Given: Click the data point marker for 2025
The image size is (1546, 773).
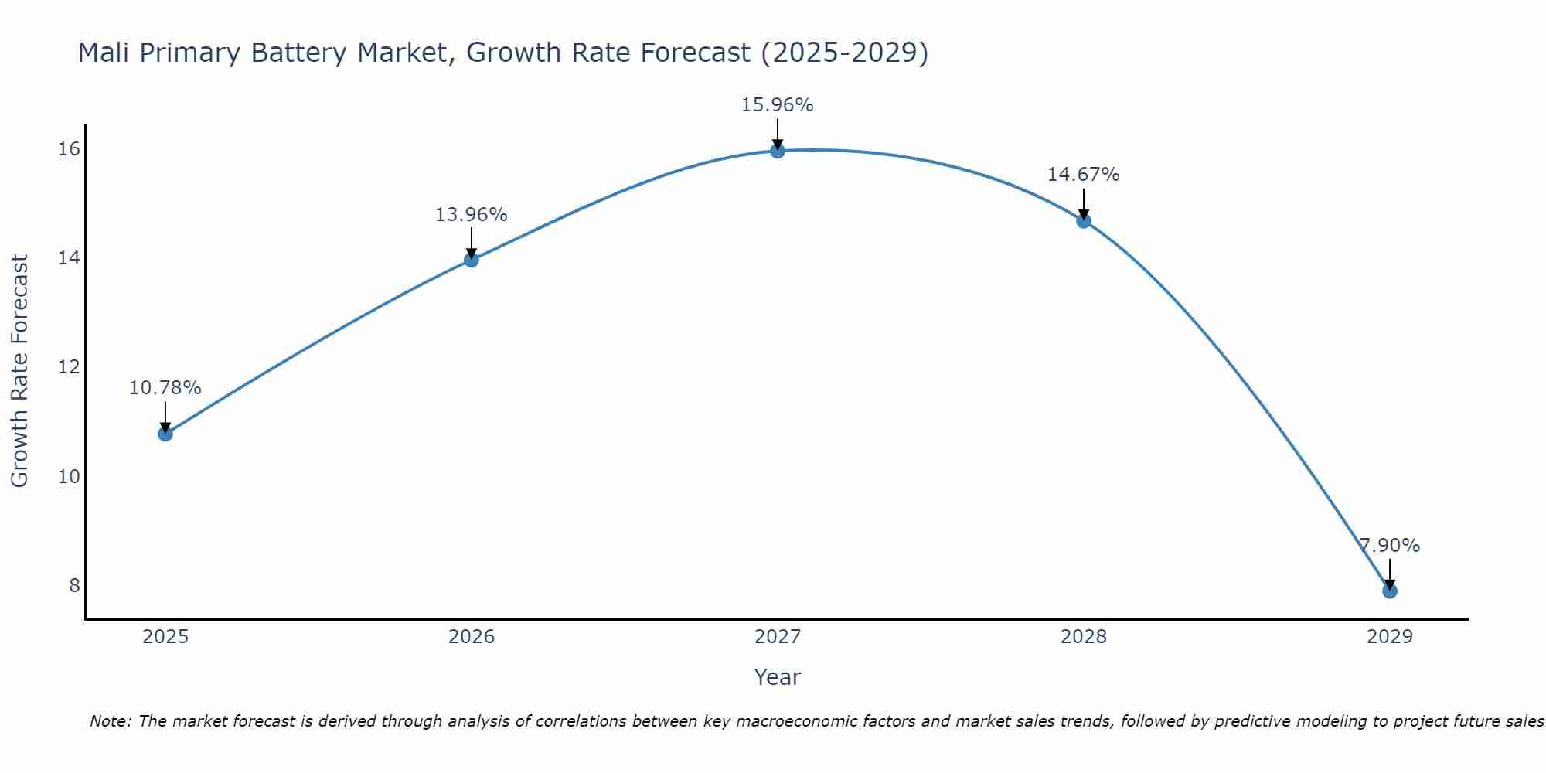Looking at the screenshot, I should click(165, 434).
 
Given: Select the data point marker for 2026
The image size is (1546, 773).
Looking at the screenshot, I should click(472, 260).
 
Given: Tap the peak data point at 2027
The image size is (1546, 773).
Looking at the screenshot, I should click(778, 151).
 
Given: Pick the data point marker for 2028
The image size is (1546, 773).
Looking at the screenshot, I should click(1084, 221).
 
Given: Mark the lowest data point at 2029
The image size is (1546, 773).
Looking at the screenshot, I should click(1389, 591).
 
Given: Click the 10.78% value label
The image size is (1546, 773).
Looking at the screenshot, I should click(165, 388).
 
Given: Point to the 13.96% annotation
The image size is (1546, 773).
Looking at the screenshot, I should click(472, 215).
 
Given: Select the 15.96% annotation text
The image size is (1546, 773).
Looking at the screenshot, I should click(778, 105).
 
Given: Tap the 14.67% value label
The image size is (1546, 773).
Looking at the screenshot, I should click(1084, 175).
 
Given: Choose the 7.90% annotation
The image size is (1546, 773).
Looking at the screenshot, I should click(1389, 546).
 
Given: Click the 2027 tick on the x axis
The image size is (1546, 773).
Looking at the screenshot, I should click(778, 637).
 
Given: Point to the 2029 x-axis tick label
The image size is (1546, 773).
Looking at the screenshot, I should click(1389, 637).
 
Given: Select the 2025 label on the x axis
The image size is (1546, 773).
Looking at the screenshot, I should click(165, 637).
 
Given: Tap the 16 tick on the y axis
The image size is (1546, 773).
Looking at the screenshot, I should click(69, 148).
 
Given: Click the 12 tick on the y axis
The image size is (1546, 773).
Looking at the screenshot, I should click(69, 367).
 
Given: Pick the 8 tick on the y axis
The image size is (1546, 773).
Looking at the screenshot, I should click(74, 585).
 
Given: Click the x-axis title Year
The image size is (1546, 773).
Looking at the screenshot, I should click(778, 677).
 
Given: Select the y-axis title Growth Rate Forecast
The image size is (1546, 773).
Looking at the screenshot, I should click(19, 370).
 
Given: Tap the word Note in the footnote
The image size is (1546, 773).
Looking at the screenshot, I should click(109, 721).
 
